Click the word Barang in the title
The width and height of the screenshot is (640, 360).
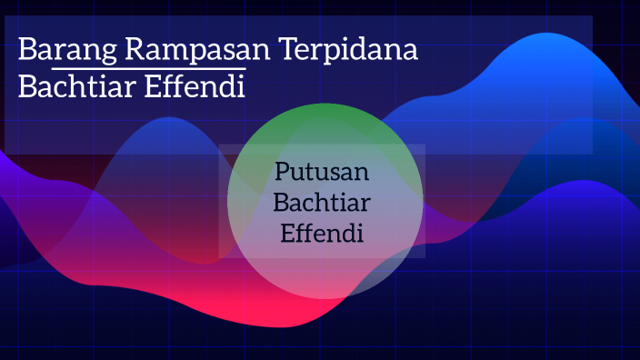point(67,51)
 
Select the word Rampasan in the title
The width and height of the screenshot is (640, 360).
point(197,51)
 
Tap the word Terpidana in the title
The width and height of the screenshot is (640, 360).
point(349,51)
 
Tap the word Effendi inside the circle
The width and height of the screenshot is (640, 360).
point(323,233)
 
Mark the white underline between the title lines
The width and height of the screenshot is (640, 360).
point(148,68)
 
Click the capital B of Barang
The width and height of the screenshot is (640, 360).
point(28,51)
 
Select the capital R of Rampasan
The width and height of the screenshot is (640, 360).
point(138,51)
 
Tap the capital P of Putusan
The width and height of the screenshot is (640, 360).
point(283,173)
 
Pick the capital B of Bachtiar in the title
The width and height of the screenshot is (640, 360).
point(28,88)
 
